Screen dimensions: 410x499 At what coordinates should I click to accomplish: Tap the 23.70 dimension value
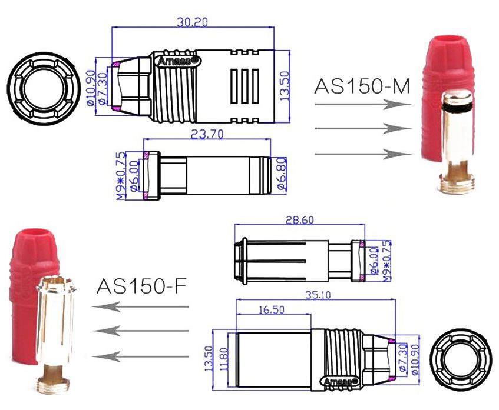pyautogui.click(x=208, y=134)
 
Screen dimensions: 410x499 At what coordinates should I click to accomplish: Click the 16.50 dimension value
pyautogui.click(x=272, y=309)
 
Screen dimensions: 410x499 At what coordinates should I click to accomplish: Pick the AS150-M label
pyautogui.click(x=362, y=86)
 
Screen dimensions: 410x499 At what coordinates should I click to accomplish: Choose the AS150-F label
pyautogui.click(x=141, y=287)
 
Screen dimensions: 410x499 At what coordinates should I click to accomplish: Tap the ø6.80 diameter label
pyautogui.click(x=282, y=174)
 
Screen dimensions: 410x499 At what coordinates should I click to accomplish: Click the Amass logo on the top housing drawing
pyautogui.click(x=178, y=60)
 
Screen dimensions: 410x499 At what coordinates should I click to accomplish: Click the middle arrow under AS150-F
pyautogui.click(x=141, y=331)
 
